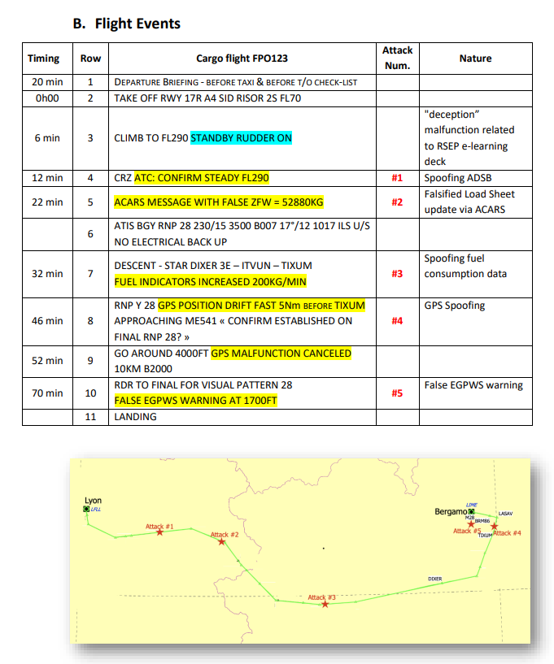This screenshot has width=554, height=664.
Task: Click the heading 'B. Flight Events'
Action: coord(126,24)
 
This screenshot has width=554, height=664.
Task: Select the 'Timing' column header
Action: coord(43,59)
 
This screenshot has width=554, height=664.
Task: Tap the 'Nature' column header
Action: coord(475,59)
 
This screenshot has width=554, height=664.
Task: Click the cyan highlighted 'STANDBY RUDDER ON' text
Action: coord(241,138)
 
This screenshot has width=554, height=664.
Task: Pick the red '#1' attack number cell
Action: coord(396,177)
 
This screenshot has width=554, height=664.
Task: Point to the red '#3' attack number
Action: coord(396,273)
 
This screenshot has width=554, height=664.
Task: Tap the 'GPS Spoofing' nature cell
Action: coord(455,306)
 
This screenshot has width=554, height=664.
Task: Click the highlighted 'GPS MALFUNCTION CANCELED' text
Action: coord(281,354)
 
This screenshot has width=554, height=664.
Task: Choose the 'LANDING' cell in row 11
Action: coord(135,416)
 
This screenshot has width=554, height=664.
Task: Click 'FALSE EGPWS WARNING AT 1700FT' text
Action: coord(196,400)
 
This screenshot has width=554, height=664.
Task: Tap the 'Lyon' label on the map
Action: coord(93,501)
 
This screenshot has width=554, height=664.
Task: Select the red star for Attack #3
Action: coord(325,604)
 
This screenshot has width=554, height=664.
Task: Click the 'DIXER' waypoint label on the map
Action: coord(434,579)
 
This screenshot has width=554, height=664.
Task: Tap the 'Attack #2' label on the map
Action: coord(225,535)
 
